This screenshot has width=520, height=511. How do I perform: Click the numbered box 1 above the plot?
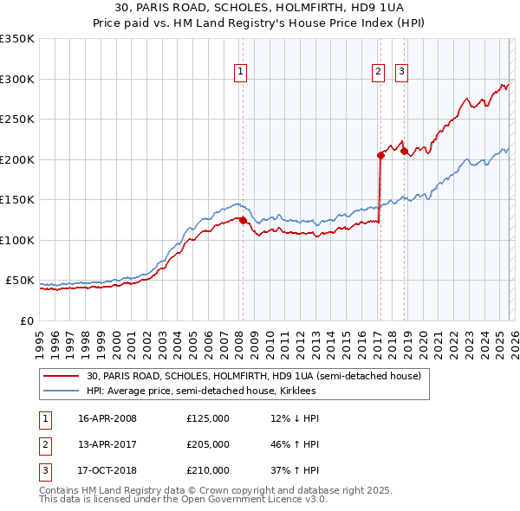click(x=240, y=73)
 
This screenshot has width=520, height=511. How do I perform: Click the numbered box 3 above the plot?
click(x=403, y=73)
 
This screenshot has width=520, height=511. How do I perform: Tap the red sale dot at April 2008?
click(x=243, y=220)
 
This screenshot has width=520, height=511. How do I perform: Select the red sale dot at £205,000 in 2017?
click(x=380, y=156)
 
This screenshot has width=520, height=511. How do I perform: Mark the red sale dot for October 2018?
click(x=404, y=152)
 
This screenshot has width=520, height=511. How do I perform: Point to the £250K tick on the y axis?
click(x=17, y=120)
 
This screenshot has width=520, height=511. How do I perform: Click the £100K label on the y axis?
click(x=17, y=240)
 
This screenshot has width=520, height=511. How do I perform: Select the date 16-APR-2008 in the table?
click(x=107, y=418)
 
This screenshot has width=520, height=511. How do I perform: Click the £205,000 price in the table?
click(x=208, y=444)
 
